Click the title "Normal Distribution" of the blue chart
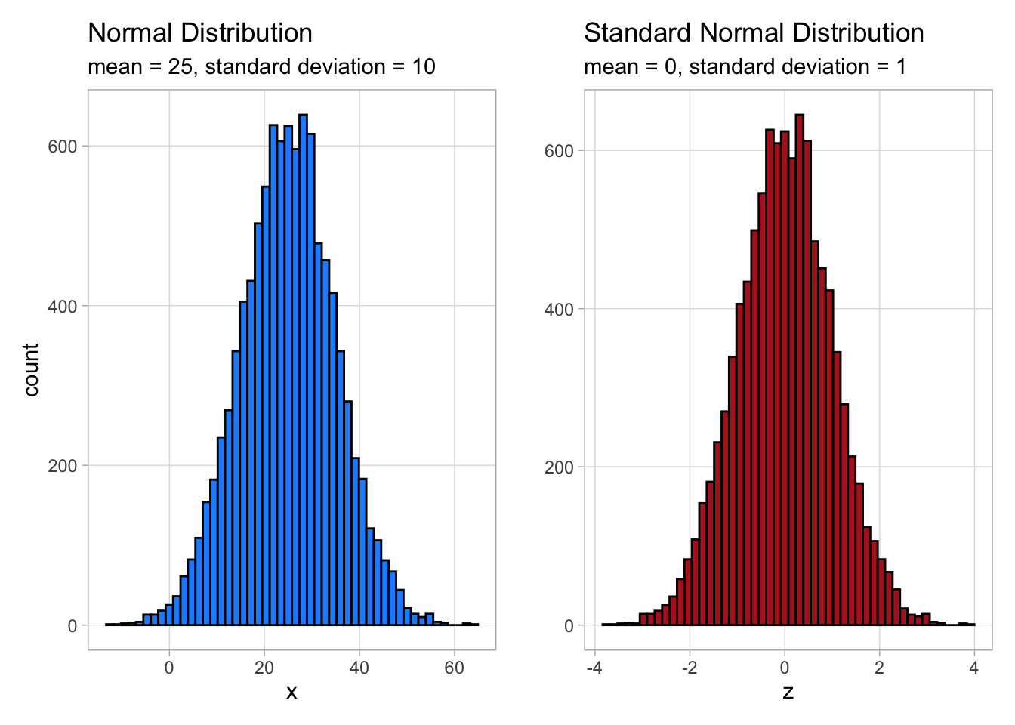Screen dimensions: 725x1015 tap(200, 33)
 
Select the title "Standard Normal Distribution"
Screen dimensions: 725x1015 tap(754, 33)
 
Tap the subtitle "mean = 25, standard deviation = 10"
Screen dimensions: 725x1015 tap(261, 67)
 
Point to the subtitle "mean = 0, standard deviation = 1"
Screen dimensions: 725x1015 tap(745, 67)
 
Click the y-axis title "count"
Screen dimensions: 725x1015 tap(31, 369)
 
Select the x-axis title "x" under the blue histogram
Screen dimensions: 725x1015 tap(292, 692)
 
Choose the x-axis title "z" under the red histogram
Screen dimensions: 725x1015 tap(788, 692)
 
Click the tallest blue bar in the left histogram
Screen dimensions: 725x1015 tap(303, 370)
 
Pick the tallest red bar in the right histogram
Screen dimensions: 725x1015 tap(800, 370)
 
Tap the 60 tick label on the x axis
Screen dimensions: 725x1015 tap(454, 668)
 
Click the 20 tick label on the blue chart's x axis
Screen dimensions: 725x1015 tap(264, 668)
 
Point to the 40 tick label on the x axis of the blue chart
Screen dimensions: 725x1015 tap(359, 668)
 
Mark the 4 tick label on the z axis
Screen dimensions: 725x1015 tap(974, 668)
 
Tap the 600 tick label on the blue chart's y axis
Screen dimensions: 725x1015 tap(63, 147)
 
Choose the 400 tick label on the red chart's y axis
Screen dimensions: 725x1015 tap(559, 309)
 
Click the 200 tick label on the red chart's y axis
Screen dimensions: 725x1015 tap(559, 467)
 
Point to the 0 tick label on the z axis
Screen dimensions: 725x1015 tap(785, 668)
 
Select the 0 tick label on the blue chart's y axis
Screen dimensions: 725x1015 tap(72, 625)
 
